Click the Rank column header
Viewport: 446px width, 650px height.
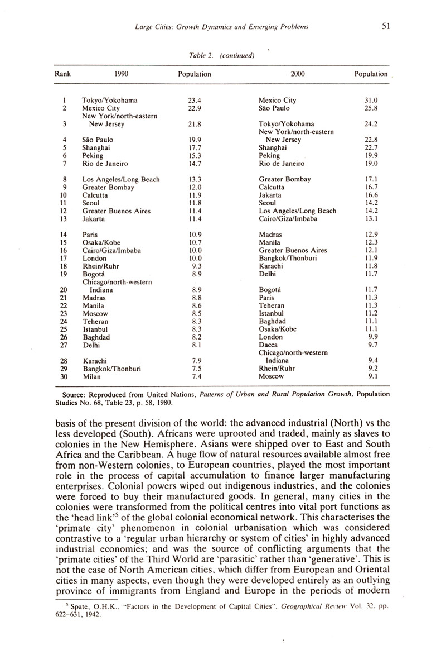pyautogui.click(x=62, y=74)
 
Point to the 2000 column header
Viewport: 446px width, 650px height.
pyautogui.click(x=304, y=74)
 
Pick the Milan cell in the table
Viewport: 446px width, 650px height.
pyautogui.click(x=91, y=377)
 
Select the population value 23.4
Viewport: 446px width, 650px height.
pyautogui.click(x=195, y=100)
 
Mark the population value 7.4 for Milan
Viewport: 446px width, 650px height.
pyautogui.click(x=196, y=377)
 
